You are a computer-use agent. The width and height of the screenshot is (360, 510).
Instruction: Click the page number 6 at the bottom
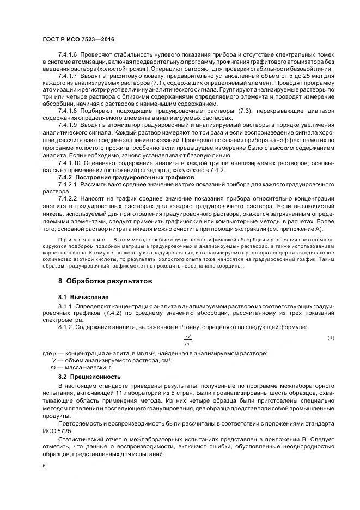[x=44, y=466]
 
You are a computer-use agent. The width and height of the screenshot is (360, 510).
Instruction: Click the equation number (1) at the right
[x=331, y=339]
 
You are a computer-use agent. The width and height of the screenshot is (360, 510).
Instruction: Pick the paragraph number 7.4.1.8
[x=68, y=111]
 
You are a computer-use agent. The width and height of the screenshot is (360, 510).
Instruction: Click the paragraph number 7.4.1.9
[x=68, y=125]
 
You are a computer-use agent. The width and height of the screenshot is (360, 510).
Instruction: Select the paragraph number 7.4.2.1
[x=68, y=185]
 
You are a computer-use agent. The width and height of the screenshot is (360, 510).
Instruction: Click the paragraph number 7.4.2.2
[x=68, y=199]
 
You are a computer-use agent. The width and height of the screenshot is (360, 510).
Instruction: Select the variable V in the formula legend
[x=53, y=361]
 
